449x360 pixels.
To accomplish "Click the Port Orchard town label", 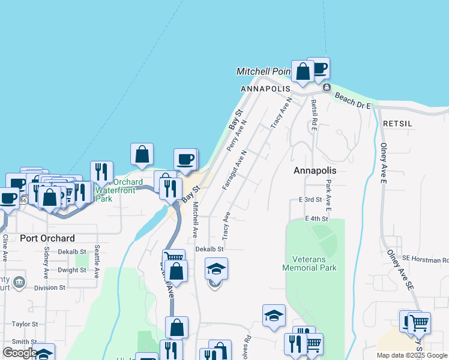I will tap(47, 238).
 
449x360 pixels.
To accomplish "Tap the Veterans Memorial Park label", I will tap(310, 263).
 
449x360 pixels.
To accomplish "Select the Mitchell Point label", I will tap(263, 71).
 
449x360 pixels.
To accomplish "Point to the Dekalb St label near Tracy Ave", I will tap(209, 249).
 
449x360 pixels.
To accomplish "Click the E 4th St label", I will tap(316, 219).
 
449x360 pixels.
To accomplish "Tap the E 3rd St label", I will tap(310, 199).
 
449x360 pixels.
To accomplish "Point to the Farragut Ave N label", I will tap(235, 170).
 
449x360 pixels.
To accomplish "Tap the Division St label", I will tap(49, 288).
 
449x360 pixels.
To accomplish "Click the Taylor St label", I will tap(25, 324).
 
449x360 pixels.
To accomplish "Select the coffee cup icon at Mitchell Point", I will tap(319, 68).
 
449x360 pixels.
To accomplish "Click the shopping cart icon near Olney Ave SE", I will tap(420, 323).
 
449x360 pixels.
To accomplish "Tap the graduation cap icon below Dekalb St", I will tap(216, 269).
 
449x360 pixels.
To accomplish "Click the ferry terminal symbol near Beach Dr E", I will tap(326, 88).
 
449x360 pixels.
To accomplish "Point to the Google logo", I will tap(19, 353).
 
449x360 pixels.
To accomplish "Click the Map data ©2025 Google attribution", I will tap(412, 356).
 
